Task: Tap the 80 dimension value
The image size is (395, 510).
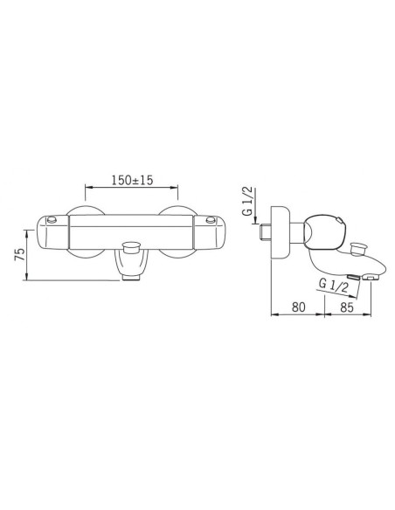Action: (x=297, y=307)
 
